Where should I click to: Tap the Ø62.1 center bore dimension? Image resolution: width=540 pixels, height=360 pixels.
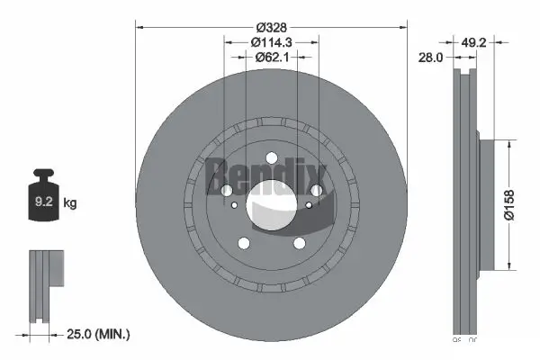coord(271,58)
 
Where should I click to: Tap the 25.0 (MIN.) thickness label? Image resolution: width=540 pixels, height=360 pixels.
coord(98,335)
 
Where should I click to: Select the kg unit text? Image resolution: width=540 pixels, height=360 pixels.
coord(70,204)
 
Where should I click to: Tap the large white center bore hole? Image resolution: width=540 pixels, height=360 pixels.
coord(271,203)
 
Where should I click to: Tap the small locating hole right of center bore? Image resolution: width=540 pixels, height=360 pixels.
coord(310,205)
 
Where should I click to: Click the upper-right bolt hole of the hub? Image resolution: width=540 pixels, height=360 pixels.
coord(317,189)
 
